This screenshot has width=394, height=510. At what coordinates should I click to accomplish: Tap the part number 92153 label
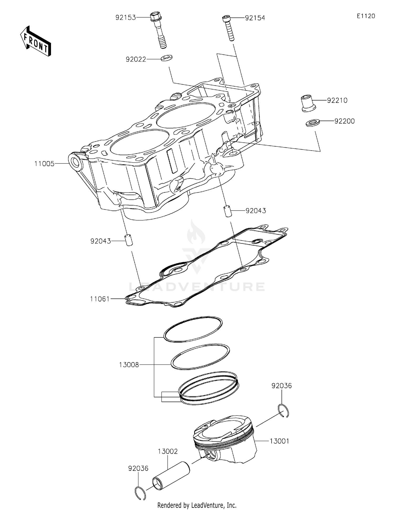click(x=126, y=18)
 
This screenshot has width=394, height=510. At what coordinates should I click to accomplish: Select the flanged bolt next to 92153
click(x=158, y=29)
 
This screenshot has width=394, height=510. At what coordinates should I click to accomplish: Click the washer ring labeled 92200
click(x=313, y=123)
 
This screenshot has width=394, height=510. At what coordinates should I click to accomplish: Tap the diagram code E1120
click(x=366, y=16)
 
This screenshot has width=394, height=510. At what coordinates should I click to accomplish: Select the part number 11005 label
click(x=44, y=164)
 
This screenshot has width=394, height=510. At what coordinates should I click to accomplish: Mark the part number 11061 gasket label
click(x=100, y=299)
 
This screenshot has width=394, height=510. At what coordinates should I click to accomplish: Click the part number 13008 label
click(x=129, y=365)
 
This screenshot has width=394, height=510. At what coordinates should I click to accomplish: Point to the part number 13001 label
click(x=279, y=441)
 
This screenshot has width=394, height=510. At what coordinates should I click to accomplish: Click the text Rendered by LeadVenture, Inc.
click(x=197, y=505)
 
